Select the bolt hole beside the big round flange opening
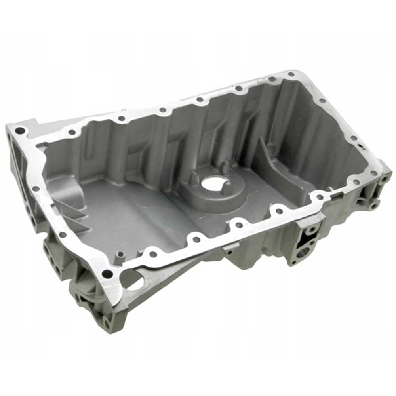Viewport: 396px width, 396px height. pos(107,273)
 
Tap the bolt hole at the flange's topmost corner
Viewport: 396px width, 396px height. pos(291,74)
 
